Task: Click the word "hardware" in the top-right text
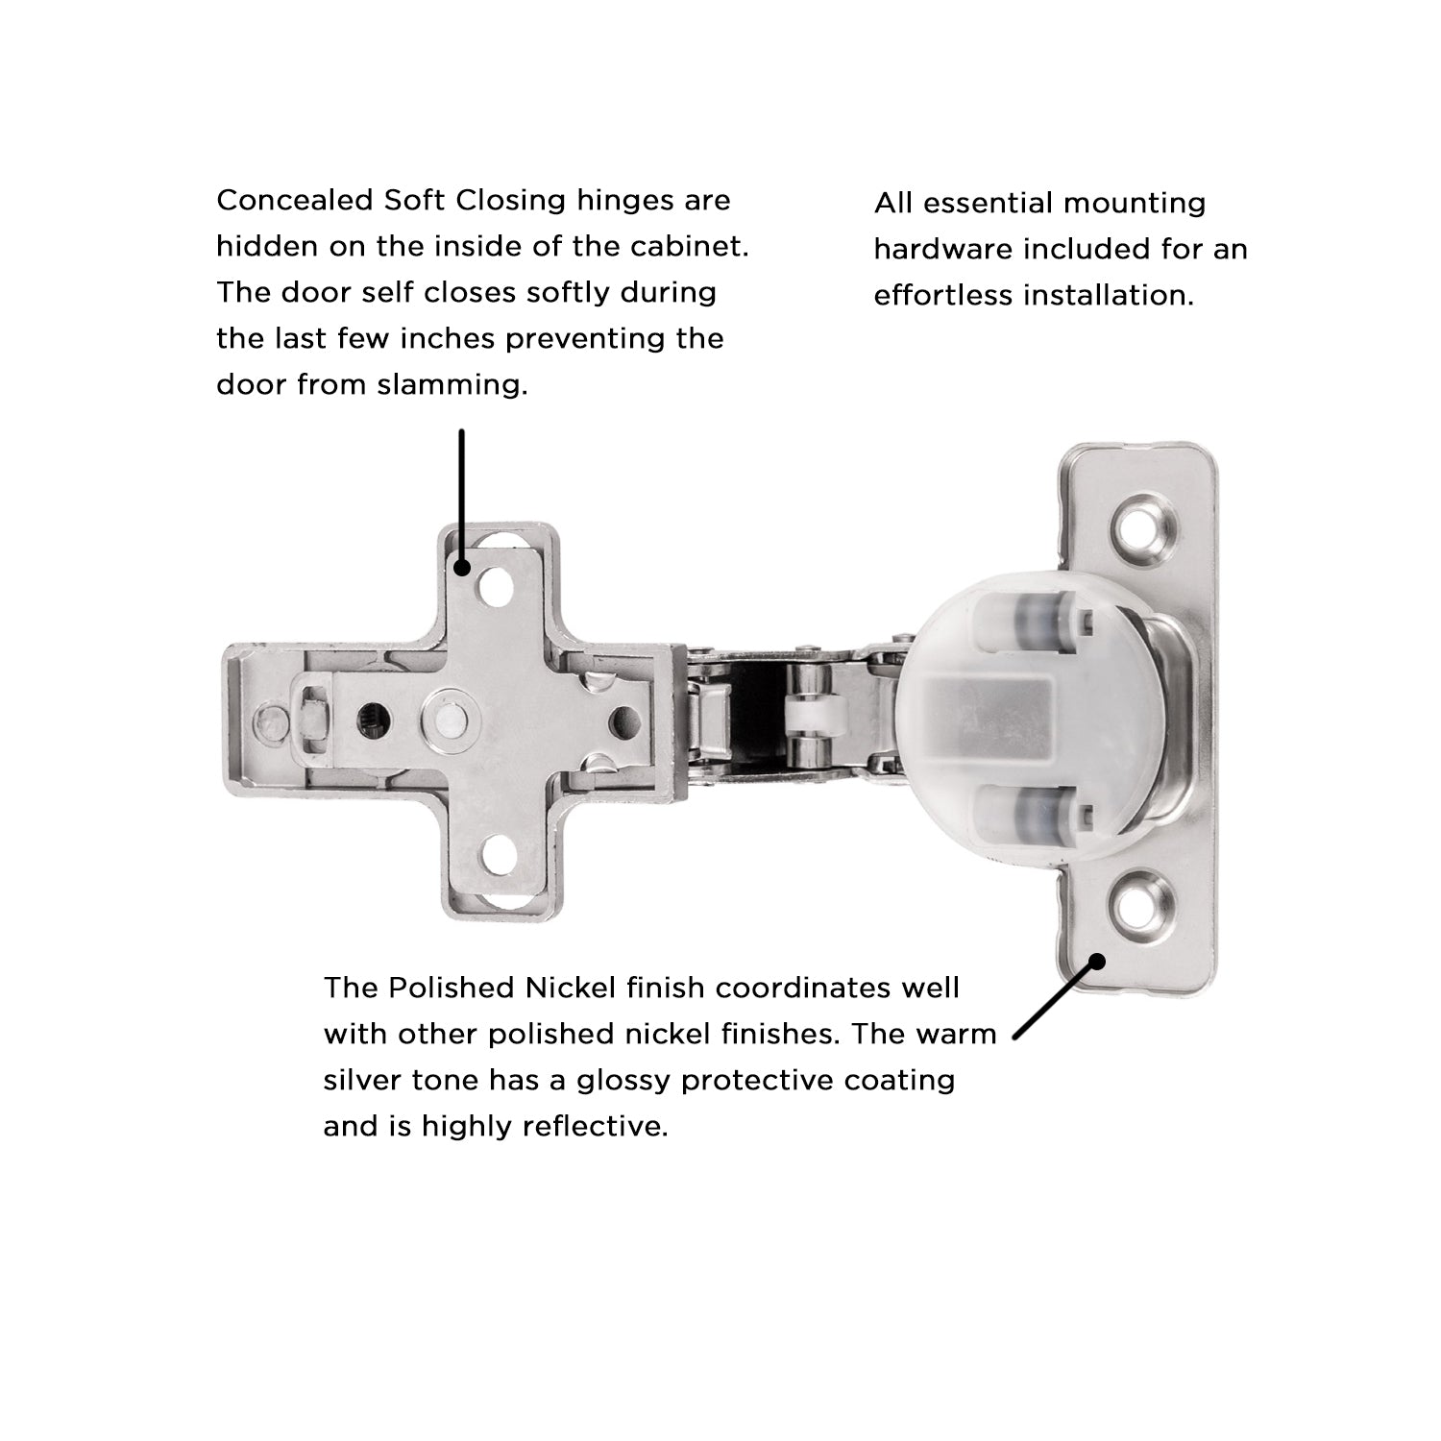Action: pos(941,249)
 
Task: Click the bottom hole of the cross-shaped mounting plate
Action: pos(496,854)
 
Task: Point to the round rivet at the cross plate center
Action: pos(444,718)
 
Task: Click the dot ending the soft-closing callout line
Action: pos(462,567)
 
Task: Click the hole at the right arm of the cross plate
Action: pos(623,717)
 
